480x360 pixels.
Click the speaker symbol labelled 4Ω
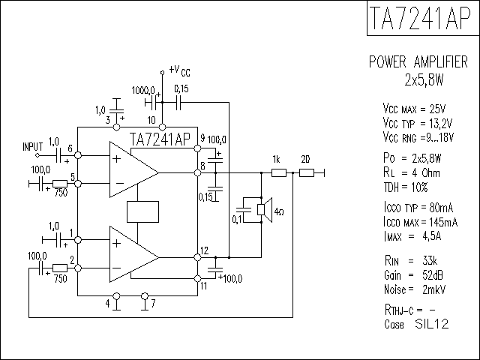click(x=265, y=210)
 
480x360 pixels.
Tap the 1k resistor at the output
click(x=279, y=173)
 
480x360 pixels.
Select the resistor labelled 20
click(x=307, y=173)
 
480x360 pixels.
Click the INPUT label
click(x=33, y=147)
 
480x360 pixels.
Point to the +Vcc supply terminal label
click(x=180, y=70)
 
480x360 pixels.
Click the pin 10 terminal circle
click(x=163, y=127)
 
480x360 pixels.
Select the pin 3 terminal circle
click(x=117, y=127)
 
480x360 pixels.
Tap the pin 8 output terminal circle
click(x=198, y=173)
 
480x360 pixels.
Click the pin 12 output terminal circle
click(x=198, y=257)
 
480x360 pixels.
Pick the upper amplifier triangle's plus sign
click(x=117, y=158)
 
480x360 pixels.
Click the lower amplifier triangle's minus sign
click(x=117, y=268)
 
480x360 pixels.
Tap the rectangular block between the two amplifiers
click(x=142, y=211)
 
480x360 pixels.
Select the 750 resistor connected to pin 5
click(x=60, y=184)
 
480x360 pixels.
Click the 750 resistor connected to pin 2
click(x=60, y=268)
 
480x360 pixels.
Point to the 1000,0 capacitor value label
click(x=143, y=90)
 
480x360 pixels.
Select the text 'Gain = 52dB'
click(x=413, y=275)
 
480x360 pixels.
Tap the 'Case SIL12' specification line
click(x=416, y=324)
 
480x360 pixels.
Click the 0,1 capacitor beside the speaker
click(x=244, y=210)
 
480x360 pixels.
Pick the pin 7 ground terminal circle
click(x=145, y=296)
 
